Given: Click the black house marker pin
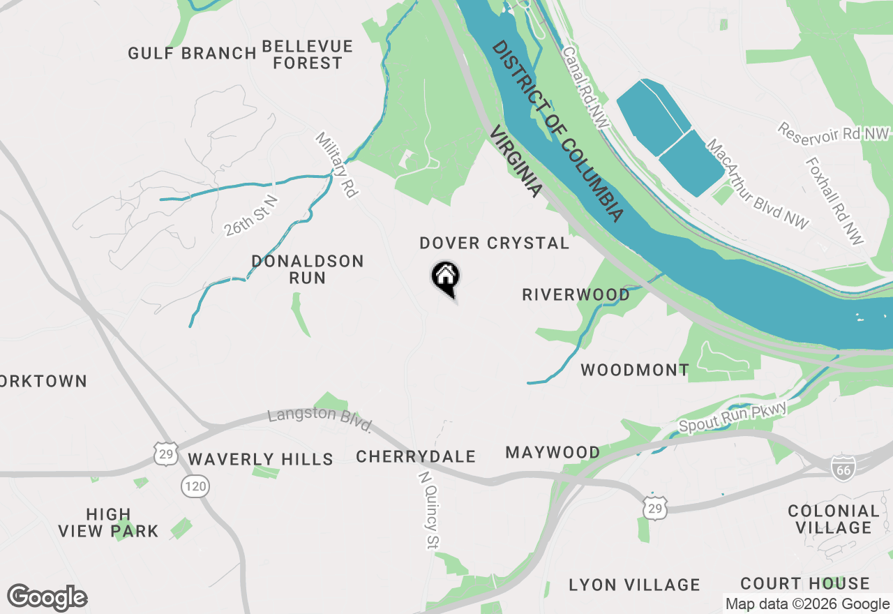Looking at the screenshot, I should (445, 277).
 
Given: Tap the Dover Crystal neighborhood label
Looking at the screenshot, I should (494, 244).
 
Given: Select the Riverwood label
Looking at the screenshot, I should (576, 295).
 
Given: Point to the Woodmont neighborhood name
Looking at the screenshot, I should (635, 370).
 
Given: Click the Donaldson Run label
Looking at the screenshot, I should (308, 269).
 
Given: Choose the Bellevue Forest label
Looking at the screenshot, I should (308, 55).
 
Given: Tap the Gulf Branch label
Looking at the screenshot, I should (193, 54).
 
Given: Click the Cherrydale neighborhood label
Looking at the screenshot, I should (416, 457).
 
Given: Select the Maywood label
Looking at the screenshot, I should (553, 453).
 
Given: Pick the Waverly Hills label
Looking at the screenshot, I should (260, 459).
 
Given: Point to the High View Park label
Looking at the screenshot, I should (108, 523).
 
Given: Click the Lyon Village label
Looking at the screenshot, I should (634, 585).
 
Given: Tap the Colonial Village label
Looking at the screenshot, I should (834, 519).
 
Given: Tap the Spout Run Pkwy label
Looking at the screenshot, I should (733, 417).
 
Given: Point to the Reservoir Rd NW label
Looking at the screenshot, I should (834, 132).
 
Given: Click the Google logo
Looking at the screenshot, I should (47, 598).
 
